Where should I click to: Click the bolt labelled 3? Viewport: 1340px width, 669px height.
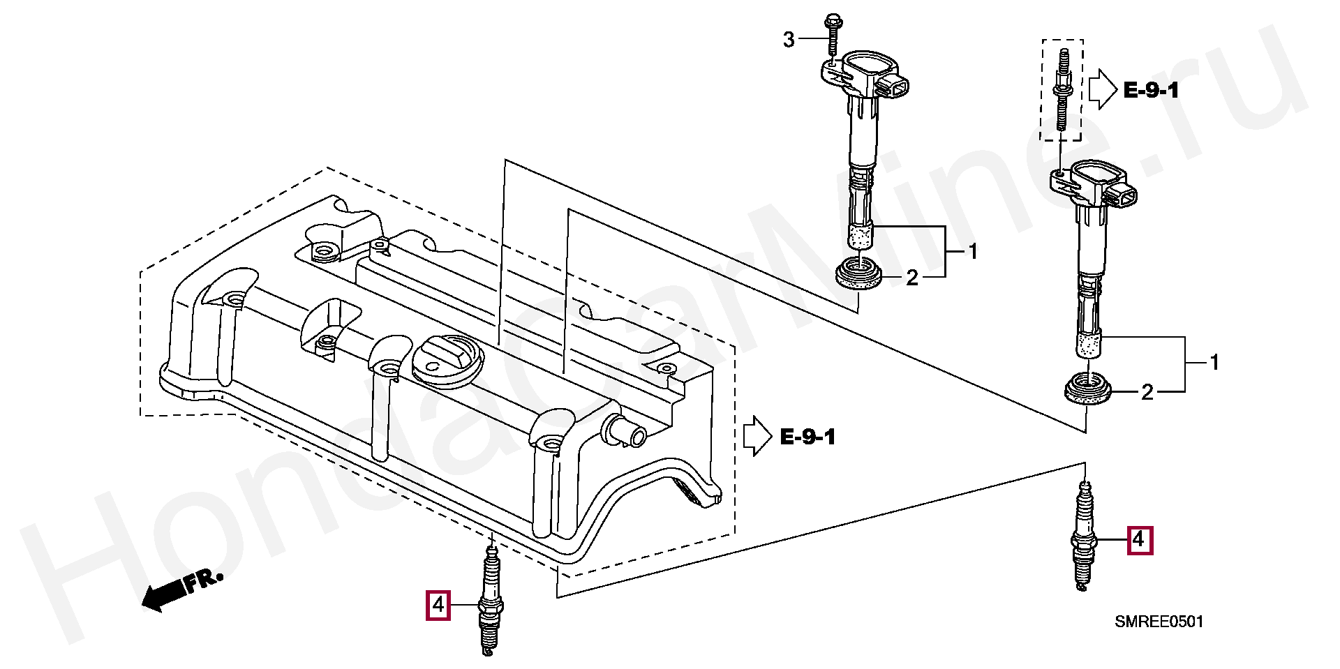click(833, 34)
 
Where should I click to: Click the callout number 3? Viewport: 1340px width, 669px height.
click(789, 40)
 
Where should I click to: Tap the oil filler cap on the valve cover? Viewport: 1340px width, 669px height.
click(445, 359)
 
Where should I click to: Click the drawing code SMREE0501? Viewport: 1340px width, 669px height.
click(1159, 622)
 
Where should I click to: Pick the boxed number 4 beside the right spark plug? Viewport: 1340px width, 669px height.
click(1139, 540)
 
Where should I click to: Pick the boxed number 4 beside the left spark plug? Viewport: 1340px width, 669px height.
click(438, 605)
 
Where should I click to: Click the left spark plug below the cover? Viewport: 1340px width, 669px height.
click(491, 601)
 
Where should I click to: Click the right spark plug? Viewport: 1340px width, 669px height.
click(1084, 536)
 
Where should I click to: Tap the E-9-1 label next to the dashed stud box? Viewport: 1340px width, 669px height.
click(1151, 90)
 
